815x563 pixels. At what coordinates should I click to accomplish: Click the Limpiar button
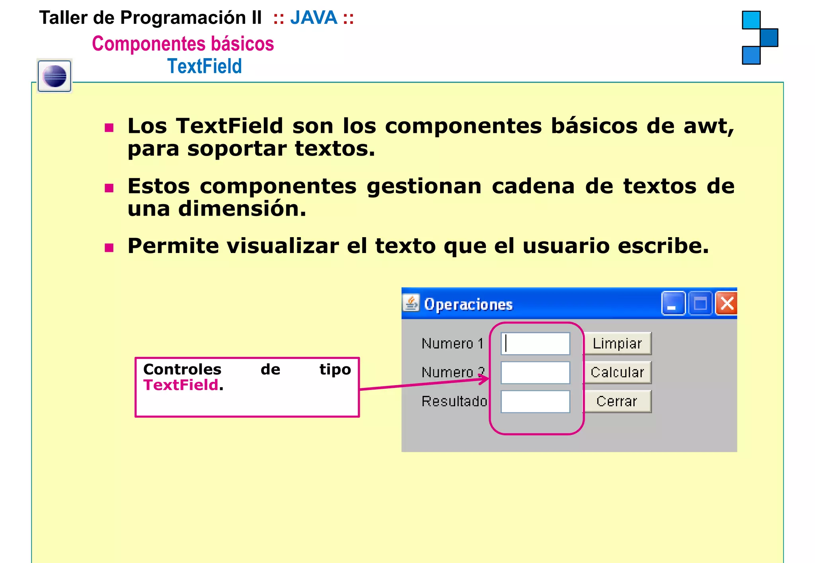pos(617,343)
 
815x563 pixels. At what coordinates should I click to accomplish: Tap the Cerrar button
pos(617,401)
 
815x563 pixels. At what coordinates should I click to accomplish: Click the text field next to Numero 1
pos(535,343)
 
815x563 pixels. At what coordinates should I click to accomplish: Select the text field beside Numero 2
pos(535,372)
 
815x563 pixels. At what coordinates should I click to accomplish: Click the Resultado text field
pos(535,401)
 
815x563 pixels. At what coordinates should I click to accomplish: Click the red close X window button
pos(727,304)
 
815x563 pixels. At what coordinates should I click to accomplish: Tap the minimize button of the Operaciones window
pos(673,304)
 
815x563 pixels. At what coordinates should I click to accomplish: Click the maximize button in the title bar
pos(700,304)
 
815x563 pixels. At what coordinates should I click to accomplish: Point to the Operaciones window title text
pos(468,304)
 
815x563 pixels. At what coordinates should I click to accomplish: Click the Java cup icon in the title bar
pos(411,303)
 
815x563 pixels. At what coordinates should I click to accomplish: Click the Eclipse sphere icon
pos(55,76)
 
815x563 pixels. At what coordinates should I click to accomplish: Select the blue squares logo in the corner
pos(759,38)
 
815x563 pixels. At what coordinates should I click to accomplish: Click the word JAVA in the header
pos(314,18)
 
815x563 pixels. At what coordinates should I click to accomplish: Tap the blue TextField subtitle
pos(205,66)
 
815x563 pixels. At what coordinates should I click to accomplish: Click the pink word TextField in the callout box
pos(181,385)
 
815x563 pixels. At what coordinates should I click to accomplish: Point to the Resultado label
pos(454,401)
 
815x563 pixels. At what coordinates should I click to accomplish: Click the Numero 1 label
pos(452,343)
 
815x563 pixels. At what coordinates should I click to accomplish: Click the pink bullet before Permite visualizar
pos(109,248)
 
